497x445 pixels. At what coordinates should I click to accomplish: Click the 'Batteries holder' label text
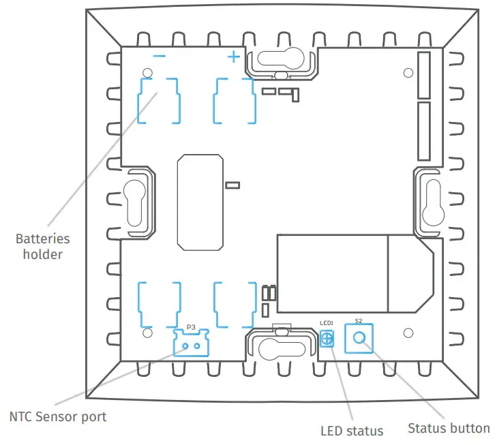click(42, 247)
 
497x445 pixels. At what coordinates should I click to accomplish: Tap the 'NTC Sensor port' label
click(58, 416)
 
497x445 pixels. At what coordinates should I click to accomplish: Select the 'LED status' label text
click(352, 430)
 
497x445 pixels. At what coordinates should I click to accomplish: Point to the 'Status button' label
click(448, 428)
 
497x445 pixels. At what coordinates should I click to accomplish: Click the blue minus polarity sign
click(159, 57)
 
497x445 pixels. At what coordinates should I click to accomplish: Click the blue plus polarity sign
click(233, 57)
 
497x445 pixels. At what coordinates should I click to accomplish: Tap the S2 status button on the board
click(359, 338)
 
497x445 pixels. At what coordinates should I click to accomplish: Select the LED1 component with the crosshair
click(327, 339)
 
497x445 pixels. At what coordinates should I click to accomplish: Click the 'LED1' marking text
click(327, 323)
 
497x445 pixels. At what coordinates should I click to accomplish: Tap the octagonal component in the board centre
click(199, 202)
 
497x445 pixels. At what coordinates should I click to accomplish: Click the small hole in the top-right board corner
click(408, 73)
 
